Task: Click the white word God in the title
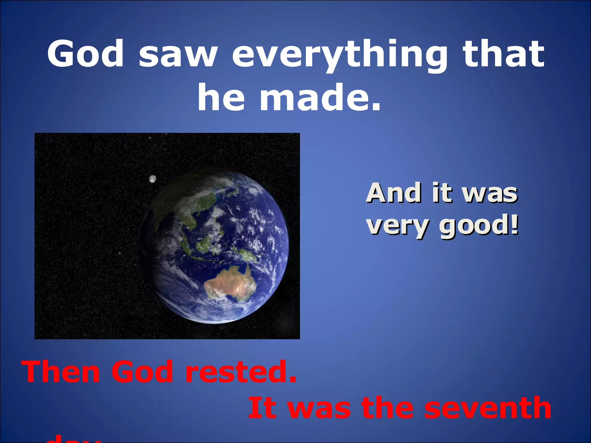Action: pyautogui.click(x=85, y=54)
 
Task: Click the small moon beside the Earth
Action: pyautogui.click(x=152, y=179)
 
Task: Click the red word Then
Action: pyautogui.click(x=61, y=372)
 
